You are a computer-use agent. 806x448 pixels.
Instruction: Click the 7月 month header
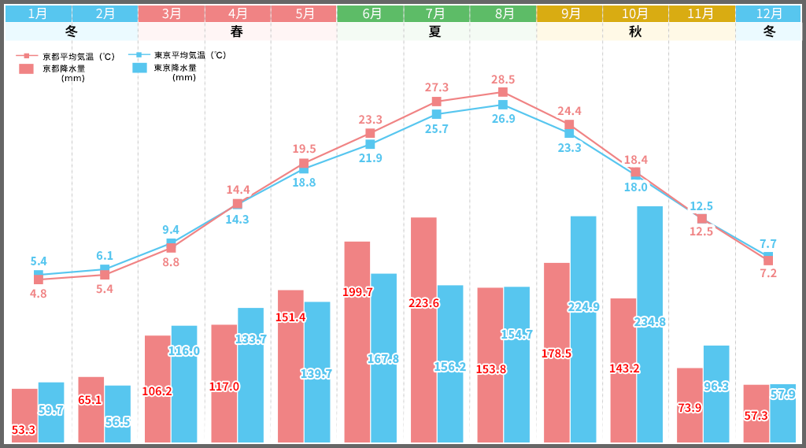pos(436,13)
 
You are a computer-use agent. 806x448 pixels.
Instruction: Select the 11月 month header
pos(702,13)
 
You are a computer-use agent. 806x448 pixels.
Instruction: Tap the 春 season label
pos(237,31)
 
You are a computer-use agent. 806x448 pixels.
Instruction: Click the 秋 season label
pos(635,31)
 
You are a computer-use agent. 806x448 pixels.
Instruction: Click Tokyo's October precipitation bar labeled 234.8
pos(649,324)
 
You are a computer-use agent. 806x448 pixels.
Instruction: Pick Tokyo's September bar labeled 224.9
pos(583,328)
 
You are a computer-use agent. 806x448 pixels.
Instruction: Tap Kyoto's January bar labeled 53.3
pos(24,415)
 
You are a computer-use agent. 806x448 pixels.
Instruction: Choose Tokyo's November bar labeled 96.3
pos(716,393)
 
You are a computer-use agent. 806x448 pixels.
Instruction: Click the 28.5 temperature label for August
pos(503,80)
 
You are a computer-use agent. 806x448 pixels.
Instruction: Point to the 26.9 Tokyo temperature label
pos(503,119)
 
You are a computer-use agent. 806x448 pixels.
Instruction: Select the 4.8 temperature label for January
pos(38,294)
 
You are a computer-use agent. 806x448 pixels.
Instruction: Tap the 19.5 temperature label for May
pos(304,149)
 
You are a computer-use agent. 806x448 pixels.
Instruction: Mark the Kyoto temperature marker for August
pos(503,92)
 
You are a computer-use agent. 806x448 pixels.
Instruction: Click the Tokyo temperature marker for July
pos(436,114)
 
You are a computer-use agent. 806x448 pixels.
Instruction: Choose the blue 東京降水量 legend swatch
pos(140,68)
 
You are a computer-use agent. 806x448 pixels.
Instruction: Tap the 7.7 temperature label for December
pos(768,243)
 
